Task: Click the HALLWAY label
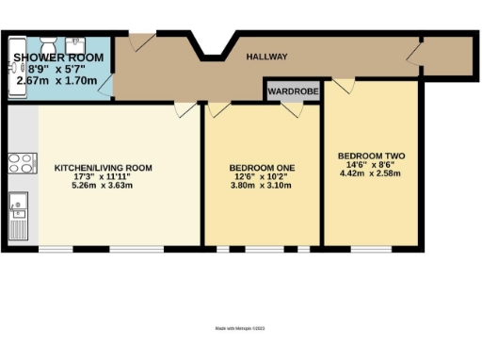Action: (x=267, y=58)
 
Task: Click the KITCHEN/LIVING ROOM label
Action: (x=103, y=168)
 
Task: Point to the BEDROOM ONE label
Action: (x=263, y=168)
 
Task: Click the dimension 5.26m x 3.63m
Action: (x=103, y=185)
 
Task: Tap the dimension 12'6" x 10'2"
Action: (x=263, y=176)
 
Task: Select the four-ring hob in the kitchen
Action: (x=19, y=163)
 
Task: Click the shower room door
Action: (x=142, y=42)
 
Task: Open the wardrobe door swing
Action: (x=294, y=108)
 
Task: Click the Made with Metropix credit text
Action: (x=241, y=327)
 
